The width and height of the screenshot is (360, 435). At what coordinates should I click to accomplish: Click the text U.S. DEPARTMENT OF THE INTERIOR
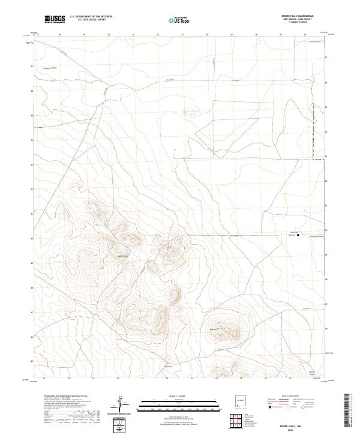(x=91, y=16)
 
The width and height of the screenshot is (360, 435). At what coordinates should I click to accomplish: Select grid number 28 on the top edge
(x=305, y=35)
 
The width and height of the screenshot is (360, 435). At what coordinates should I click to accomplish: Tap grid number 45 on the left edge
(x=32, y=362)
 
